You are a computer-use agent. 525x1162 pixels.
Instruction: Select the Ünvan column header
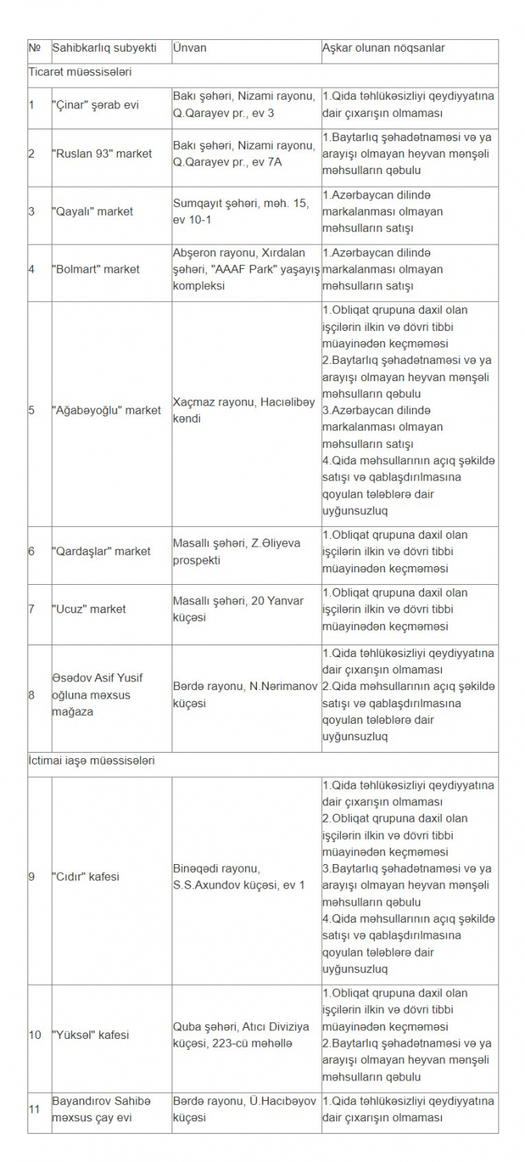click(x=190, y=48)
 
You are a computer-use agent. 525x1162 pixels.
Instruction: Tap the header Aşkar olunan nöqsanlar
click(x=383, y=48)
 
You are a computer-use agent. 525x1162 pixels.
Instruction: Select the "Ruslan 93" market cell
click(x=102, y=154)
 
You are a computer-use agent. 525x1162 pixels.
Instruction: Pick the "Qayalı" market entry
click(x=92, y=211)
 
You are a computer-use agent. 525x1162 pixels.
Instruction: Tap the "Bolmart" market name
click(x=96, y=269)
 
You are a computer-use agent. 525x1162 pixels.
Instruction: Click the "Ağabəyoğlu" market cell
click(x=107, y=410)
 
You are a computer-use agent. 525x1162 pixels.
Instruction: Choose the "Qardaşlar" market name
click(x=101, y=551)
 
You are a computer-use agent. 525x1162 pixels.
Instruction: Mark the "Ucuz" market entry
click(x=89, y=609)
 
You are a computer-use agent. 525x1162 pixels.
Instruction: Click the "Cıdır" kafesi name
click(x=85, y=877)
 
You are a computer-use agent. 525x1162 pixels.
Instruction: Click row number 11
click(x=35, y=1109)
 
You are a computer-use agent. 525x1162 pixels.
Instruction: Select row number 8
click(x=32, y=695)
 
